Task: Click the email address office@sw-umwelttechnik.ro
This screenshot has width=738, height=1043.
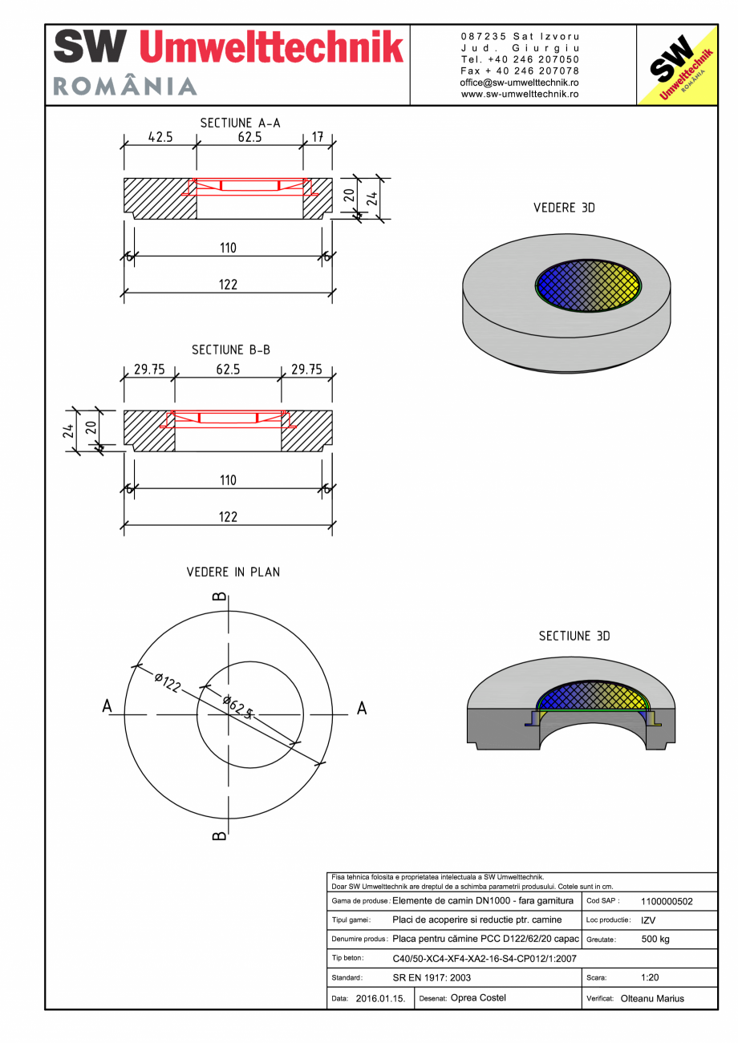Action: pyautogui.click(x=520, y=83)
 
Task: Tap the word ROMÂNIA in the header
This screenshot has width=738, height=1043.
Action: pyautogui.click(x=125, y=86)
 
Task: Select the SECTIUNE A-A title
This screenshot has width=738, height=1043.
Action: pyautogui.click(x=240, y=123)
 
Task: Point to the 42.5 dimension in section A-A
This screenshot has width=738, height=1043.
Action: pyautogui.click(x=160, y=137)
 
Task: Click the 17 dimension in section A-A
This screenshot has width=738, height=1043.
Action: pyautogui.click(x=318, y=137)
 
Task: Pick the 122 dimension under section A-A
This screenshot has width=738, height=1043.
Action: pyautogui.click(x=228, y=285)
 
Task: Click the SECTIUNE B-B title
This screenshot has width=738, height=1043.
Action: pyautogui.click(x=231, y=350)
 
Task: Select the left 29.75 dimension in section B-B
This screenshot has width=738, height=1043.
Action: pyautogui.click(x=150, y=370)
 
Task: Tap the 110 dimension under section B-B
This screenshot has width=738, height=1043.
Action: pyautogui.click(x=228, y=480)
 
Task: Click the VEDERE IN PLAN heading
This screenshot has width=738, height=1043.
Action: pyautogui.click(x=233, y=572)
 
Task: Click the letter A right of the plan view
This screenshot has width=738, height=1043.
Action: pyautogui.click(x=362, y=708)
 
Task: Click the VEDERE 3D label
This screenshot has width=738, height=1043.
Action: pyautogui.click(x=564, y=208)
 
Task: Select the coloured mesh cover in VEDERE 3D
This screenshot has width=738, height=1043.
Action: pyautogui.click(x=589, y=284)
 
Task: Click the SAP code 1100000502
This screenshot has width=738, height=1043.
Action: pyautogui.click(x=667, y=901)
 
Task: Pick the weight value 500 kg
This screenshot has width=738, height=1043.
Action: pyautogui.click(x=655, y=939)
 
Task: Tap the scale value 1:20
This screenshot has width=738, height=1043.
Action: pyautogui.click(x=651, y=978)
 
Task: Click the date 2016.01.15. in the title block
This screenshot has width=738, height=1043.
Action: pyautogui.click(x=380, y=999)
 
